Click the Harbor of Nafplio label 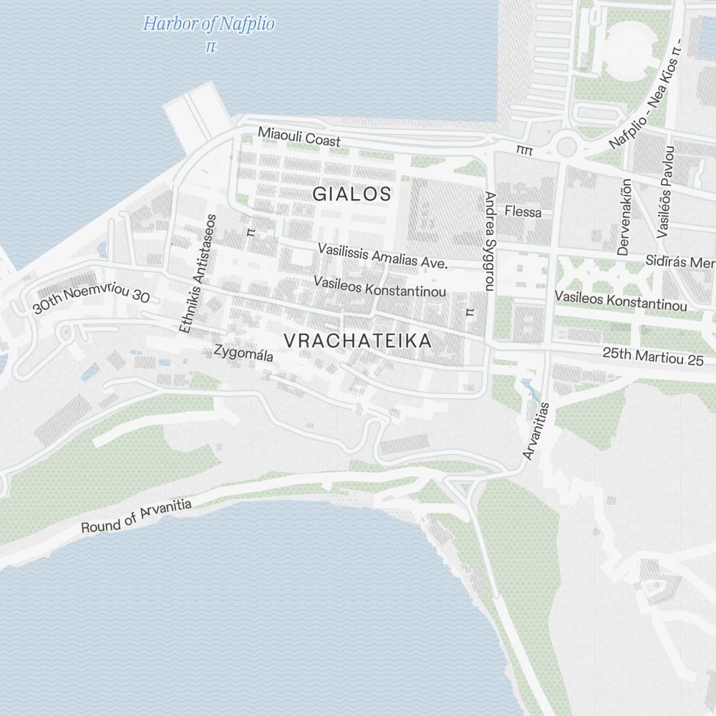click(208, 24)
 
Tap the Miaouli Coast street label click(299, 137)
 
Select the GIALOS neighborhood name click(352, 193)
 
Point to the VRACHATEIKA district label click(358, 342)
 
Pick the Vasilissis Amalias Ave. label click(382, 256)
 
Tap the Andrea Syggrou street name click(490, 241)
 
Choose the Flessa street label click(523, 212)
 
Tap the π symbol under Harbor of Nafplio click(210, 47)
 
